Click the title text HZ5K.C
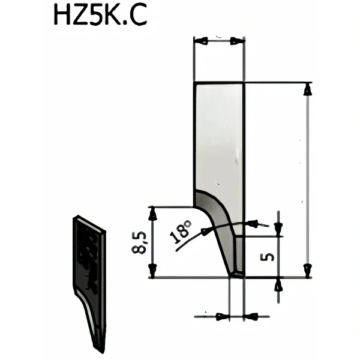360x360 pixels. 100,16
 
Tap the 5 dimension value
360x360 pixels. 268,257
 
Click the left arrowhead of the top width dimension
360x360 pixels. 200,41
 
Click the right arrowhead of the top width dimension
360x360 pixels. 238,41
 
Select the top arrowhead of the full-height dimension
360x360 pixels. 307,89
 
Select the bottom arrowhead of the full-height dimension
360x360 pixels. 307,271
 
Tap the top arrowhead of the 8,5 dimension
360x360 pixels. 153,212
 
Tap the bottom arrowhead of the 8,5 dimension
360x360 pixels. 153,271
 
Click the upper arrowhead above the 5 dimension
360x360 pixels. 278,227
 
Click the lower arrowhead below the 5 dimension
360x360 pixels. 278,286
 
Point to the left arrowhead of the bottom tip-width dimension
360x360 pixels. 223,316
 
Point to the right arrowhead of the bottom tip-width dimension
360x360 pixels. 251,316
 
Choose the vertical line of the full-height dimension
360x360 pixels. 307,180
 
